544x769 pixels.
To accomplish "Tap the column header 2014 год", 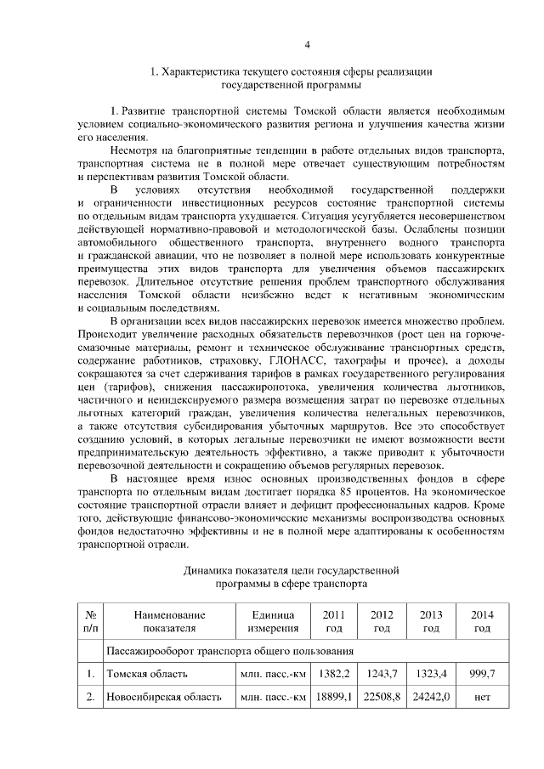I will [x=482, y=621].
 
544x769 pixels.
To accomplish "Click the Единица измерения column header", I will [x=272, y=621].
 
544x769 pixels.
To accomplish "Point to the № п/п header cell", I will [x=89, y=621].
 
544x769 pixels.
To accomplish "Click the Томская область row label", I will [x=142, y=674].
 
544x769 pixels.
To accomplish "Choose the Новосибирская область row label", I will [x=163, y=698].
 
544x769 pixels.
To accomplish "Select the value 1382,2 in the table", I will [x=333, y=674].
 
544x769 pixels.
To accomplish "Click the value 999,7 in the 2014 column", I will [x=482, y=674].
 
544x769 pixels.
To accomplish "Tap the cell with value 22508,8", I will [x=382, y=698].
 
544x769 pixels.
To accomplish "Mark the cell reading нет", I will [x=482, y=698].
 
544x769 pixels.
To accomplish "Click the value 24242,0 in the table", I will [x=432, y=698].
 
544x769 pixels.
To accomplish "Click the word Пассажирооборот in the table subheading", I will [x=148, y=651].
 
